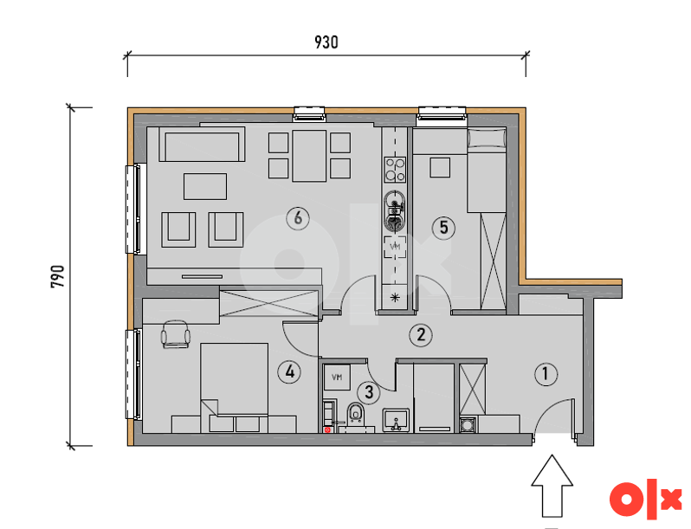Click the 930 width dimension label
(326, 42)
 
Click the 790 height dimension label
(58, 276)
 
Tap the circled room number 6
(298, 218)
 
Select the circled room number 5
(443, 228)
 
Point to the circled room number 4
(289, 372)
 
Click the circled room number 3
(369, 392)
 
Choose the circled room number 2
(421, 335)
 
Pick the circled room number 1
(546, 374)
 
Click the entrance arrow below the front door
(552, 486)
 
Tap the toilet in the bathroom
(355, 414)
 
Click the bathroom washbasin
(397, 420)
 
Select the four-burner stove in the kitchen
(395, 170)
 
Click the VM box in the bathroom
(337, 377)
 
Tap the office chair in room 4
(176, 334)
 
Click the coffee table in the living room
(205, 186)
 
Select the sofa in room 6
(202, 145)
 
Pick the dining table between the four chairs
(309, 156)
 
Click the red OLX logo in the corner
(646, 499)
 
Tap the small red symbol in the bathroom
(327, 429)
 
